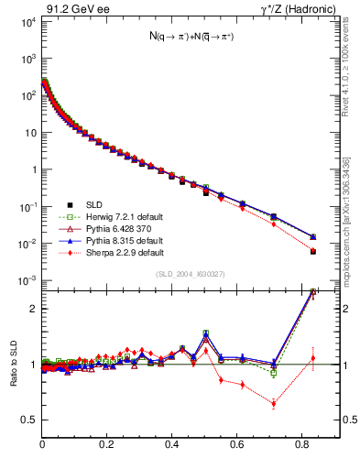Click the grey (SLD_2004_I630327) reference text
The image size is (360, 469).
tap(190, 274)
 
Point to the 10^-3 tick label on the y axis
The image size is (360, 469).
tap(27, 280)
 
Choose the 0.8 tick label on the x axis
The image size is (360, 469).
tap(302, 445)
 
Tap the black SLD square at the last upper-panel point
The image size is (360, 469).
tap(313, 251)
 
